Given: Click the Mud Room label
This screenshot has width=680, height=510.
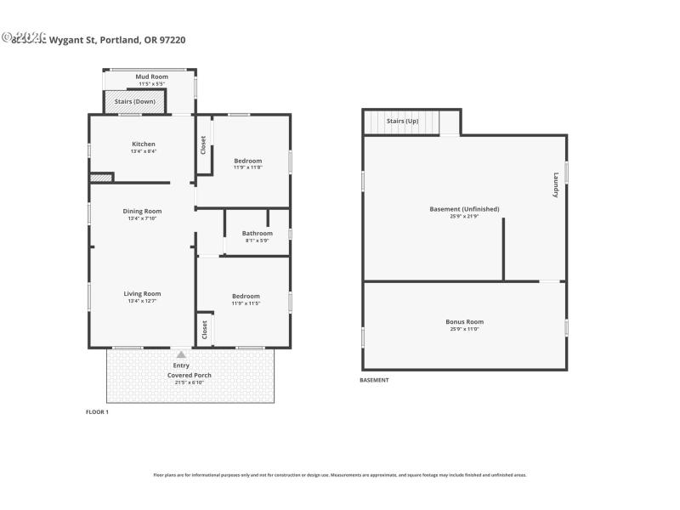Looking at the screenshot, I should tap(152, 76).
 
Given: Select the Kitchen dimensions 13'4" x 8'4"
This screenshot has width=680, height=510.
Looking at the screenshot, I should tap(144, 151).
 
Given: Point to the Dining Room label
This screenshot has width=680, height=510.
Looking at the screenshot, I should tap(142, 211).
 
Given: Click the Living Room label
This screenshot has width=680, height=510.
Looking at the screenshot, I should tap(142, 293).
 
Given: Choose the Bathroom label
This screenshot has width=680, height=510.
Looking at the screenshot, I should tap(257, 233).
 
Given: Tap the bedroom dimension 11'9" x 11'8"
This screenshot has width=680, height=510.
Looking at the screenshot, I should tap(248, 167).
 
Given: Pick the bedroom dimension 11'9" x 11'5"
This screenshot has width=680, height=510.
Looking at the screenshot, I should tap(246, 303).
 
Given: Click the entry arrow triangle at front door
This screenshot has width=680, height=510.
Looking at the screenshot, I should tap(180, 354).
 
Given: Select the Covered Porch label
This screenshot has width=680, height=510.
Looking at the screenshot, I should tap(190, 375).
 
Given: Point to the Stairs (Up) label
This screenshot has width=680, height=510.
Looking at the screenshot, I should tap(403, 122).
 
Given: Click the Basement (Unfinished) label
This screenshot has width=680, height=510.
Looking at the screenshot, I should tap(464, 209).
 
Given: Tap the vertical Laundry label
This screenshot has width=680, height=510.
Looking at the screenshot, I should tap(556, 185).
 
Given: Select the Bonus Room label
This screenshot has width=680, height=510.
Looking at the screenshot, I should tap(464, 321).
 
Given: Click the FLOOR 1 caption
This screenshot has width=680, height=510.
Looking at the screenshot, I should tap(98, 411).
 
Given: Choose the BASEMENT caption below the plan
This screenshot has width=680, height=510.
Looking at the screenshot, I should tap(374, 380).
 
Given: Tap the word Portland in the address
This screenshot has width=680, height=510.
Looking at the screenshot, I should tap(120, 39).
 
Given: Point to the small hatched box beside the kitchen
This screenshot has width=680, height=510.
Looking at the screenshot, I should tap(101, 178).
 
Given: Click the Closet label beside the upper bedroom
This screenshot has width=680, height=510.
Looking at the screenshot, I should tap(203, 145).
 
